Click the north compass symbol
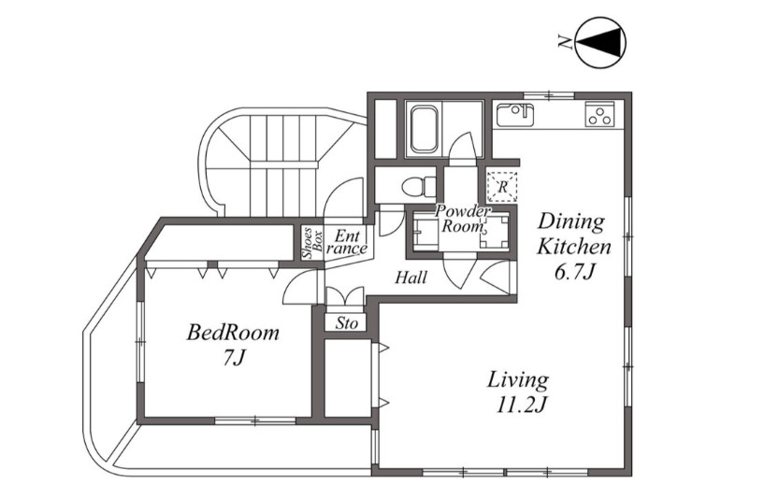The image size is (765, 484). click(x=600, y=42)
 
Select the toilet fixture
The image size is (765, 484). click(x=420, y=186)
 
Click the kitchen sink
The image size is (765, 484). click(x=515, y=116)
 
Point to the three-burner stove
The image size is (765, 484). click(x=599, y=115)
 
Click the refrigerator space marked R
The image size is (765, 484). click(x=502, y=187)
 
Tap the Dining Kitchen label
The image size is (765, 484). click(x=573, y=234)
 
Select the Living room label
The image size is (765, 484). click(x=518, y=379)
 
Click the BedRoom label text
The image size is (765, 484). click(x=233, y=333)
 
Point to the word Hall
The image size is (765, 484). click(x=411, y=278)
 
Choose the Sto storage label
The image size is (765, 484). click(x=346, y=323)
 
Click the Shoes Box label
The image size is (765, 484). click(x=312, y=243)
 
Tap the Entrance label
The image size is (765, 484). click(x=347, y=243)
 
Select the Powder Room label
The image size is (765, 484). click(x=462, y=219)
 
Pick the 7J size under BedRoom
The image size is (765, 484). click(x=233, y=358)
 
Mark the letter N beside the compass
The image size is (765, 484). click(x=565, y=43)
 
